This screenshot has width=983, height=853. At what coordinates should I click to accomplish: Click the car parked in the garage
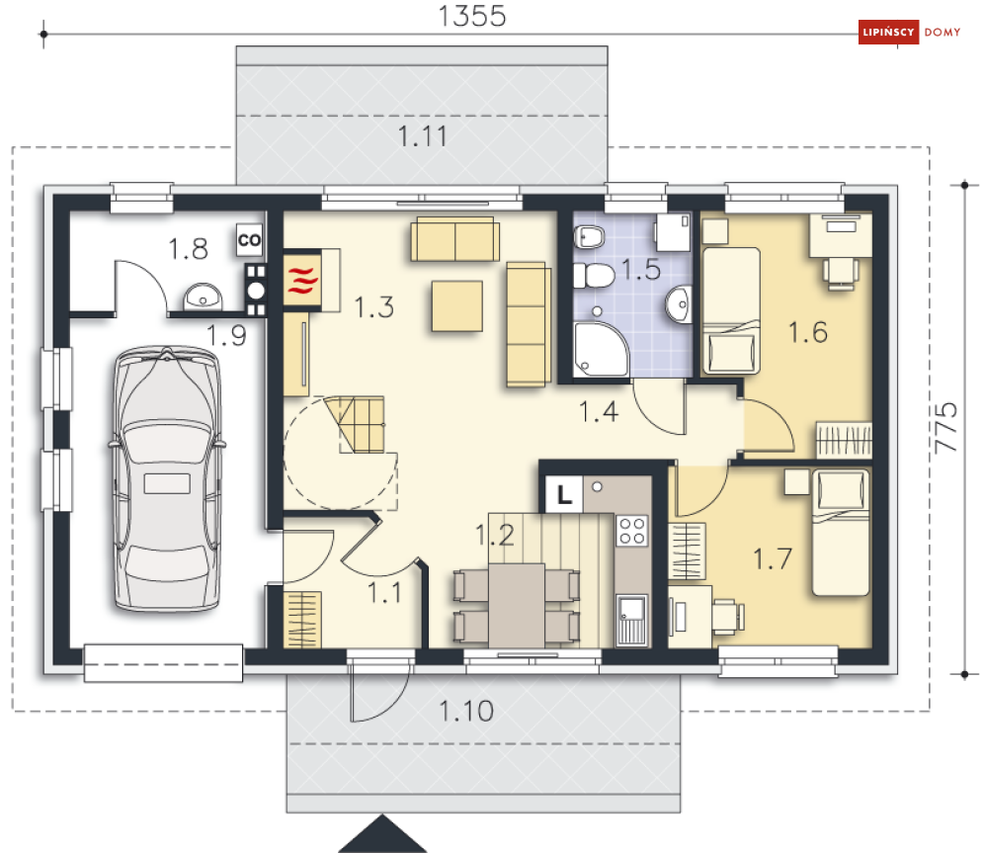point(167,478)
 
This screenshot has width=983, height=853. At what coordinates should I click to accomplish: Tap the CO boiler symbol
point(250,239)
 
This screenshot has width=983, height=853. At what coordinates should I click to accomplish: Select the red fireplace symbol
point(302,280)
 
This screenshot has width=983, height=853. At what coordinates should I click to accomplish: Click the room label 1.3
point(374,307)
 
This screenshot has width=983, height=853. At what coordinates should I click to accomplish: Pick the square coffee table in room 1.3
point(457,306)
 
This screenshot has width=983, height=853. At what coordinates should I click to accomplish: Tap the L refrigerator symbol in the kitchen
point(564,495)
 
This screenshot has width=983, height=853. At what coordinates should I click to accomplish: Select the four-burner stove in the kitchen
point(632,531)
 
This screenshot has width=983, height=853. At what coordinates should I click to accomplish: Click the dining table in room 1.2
point(517,605)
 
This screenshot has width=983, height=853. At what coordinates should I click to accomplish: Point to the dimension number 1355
point(472,16)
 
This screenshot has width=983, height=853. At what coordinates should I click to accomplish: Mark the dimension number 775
point(945,428)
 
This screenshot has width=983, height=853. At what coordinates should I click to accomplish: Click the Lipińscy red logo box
point(888,32)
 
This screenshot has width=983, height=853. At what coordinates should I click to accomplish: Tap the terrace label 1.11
point(423,136)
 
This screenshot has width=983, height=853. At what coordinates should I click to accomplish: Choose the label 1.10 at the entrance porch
point(466,712)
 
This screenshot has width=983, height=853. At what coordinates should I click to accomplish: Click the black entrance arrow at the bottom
point(382,834)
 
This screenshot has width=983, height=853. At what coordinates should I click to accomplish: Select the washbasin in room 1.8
point(203,297)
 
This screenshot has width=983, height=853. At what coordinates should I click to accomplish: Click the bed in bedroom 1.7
point(841,533)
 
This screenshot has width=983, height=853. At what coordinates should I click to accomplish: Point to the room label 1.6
point(808,332)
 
